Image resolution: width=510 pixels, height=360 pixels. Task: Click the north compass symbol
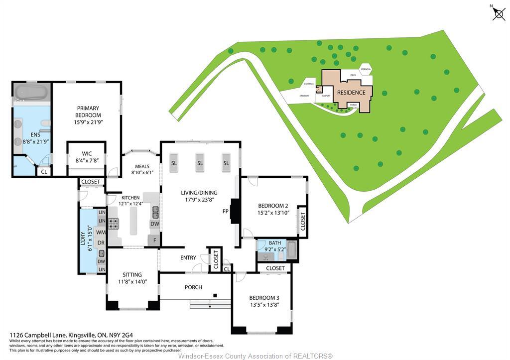[499, 13]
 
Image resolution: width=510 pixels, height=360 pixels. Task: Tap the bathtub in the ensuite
[31, 92]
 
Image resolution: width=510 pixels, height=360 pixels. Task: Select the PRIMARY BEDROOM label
[88, 112]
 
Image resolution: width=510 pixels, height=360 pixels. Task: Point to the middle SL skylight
[200, 163]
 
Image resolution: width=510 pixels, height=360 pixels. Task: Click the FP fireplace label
[225, 211]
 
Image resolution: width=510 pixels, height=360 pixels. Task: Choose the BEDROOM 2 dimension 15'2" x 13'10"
[273, 213]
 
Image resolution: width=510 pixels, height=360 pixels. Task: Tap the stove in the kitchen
[114, 224]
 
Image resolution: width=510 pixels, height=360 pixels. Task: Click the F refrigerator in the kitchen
[154, 240]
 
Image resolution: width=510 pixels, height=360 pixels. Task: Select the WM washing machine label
[101, 233]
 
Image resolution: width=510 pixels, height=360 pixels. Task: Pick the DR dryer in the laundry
[101, 243]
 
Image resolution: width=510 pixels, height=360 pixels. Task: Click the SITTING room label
[132, 274]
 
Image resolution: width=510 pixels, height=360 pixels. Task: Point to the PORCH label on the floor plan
[193, 287]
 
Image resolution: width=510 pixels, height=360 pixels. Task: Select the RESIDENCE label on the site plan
[351, 93]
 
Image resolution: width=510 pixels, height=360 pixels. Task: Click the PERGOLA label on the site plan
[366, 69]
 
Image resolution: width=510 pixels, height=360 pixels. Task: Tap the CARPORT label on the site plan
[326, 96]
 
